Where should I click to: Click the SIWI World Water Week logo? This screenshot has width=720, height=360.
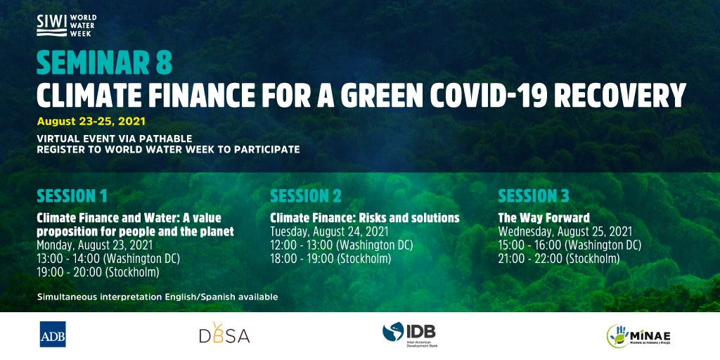(67, 25)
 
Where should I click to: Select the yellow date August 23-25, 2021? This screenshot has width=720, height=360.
(91, 122)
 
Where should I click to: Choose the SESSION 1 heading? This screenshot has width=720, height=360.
(72, 196)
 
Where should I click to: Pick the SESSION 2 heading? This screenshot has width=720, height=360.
(306, 196)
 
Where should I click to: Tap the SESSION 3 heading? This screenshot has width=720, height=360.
(534, 196)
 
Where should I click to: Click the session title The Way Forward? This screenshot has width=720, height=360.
(544, 217)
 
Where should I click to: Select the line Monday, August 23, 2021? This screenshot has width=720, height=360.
(95, 245)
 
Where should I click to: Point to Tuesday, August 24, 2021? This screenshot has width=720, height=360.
(329, 231)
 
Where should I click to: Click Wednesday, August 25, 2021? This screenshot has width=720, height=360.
(565, 231)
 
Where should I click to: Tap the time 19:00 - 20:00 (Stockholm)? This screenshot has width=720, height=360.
(98, 272)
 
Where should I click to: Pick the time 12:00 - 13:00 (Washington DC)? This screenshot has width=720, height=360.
(341, 245)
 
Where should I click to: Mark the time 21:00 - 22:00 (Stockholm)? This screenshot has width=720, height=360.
(559, 259)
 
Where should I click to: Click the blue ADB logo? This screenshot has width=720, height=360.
(53, 334)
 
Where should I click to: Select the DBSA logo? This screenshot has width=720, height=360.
(224, 333)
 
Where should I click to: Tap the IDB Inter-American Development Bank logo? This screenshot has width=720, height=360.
(410, 335)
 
